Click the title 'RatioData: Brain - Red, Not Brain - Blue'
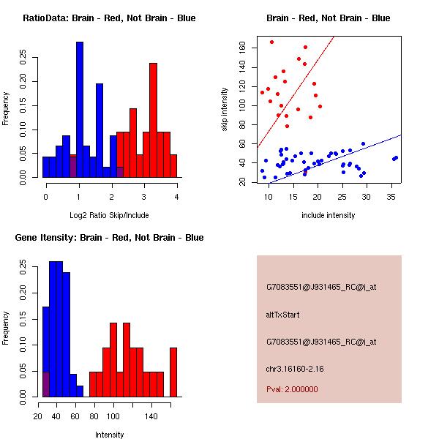pos(109,18)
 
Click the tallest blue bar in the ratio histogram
pos(80,110)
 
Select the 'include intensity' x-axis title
pos(328,215)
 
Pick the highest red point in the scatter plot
pos(271,42)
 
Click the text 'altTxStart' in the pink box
pos(282,315)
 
